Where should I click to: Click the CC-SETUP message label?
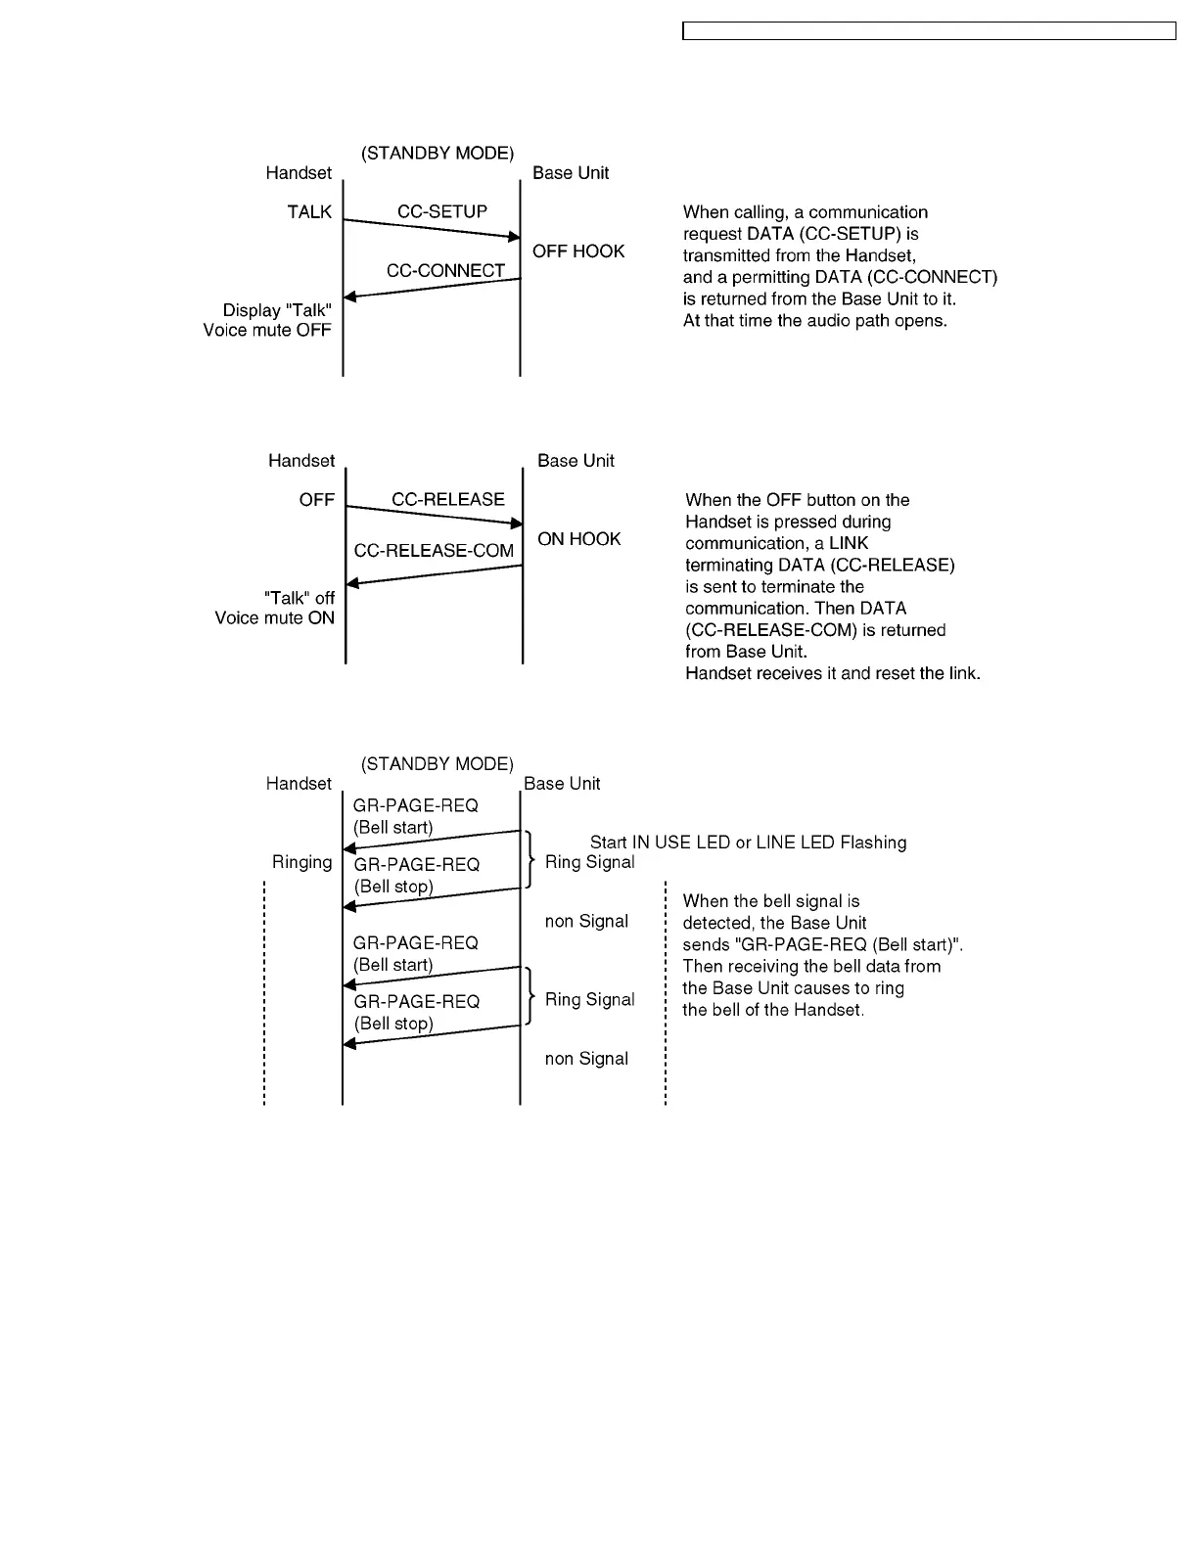pos(441,211)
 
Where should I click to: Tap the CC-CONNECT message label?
pos(445,270)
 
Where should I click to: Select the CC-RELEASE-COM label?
pos(434,551)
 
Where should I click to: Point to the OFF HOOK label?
pos(578,251)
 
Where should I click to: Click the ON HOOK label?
pos(579,539)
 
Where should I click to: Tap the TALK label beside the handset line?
pos(309,211)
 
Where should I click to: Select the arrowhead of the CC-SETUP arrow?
pos(513,237)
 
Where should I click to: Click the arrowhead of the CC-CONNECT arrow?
pos(349,296)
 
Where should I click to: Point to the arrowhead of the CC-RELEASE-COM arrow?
pos(352,584)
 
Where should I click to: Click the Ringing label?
pos(301,862)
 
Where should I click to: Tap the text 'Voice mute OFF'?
pos(267,331)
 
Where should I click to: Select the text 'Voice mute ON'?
pos(274,618)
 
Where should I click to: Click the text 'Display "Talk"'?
pos(277,310)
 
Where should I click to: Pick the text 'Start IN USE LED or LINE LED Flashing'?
pos(748,843)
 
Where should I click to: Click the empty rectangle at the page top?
pos(928,31)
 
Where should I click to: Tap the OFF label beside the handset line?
pos(316,500)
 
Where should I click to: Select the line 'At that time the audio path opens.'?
pos(814,321)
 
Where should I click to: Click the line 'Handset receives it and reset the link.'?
pos(832,673)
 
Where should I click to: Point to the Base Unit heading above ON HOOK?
pos(576,461)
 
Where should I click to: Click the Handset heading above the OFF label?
pos(301,461)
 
